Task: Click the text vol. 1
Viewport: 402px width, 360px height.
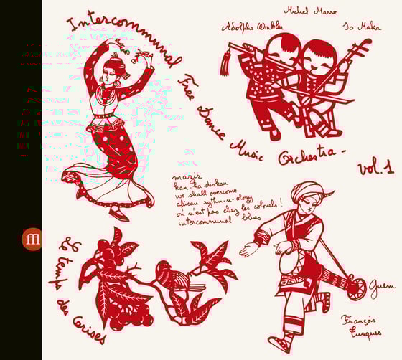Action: click(375, 169)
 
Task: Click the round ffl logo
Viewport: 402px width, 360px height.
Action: click(32, 239)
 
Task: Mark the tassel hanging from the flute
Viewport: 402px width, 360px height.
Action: click(224, 65)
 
